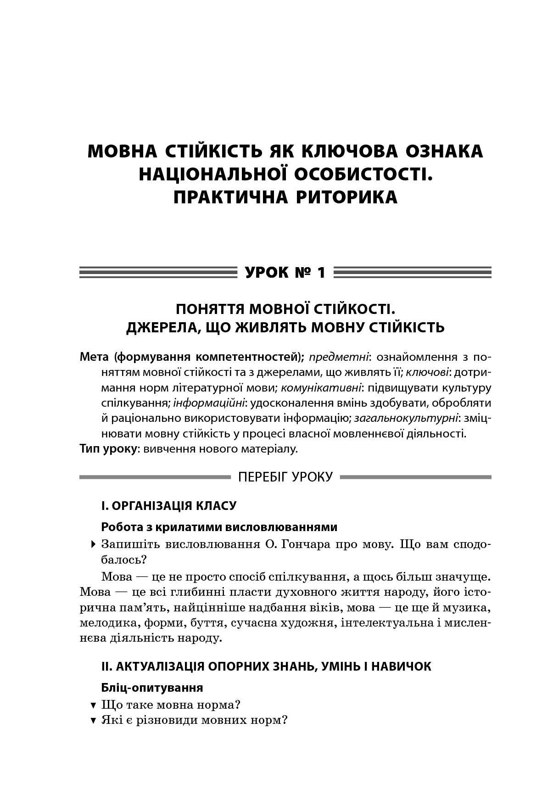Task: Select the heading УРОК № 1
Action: point(285,273)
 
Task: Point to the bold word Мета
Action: point(94,357)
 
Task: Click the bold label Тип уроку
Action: point(108,448)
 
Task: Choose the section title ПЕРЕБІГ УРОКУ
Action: point(285,477)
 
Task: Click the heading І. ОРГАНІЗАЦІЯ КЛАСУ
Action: point(168,506)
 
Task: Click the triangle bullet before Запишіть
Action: point(94,545)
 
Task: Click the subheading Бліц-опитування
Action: point(152,688)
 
